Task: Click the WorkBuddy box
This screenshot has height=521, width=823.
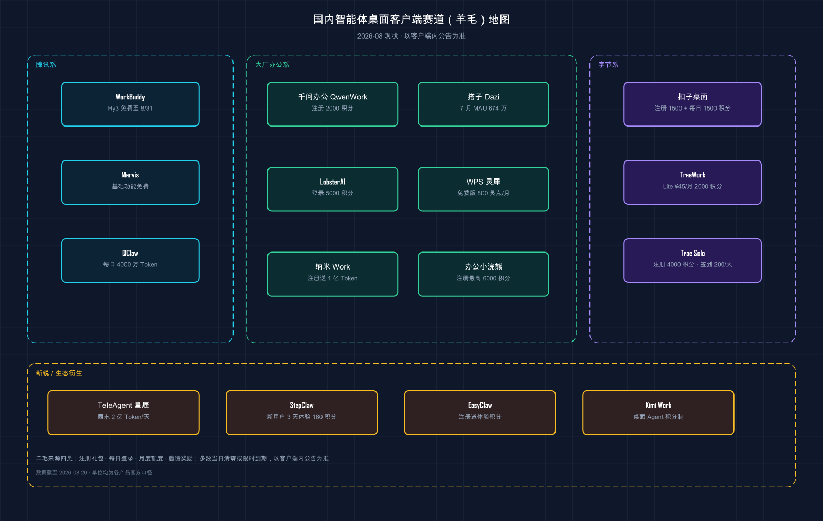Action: [x=131, y=104]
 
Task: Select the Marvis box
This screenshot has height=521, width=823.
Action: [x=131, y=182]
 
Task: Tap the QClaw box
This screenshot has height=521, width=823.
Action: [x=131, y=260]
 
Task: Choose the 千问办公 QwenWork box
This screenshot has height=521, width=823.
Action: [x=332, y=104]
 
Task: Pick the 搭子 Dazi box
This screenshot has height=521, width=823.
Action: [x=484, y=104]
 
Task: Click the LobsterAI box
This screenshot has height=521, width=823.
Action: [x=332, y=189]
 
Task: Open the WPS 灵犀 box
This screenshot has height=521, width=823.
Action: [x=484, y=189]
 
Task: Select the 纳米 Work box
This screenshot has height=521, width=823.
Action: [x=332, y=274]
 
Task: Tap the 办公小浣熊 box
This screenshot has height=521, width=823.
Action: [x=484, y=274]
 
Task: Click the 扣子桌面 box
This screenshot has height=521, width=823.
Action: [x=692, y=104]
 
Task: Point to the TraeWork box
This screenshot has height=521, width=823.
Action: [x=692, y=182]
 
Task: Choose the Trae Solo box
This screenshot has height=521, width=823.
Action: [x=692, y=260]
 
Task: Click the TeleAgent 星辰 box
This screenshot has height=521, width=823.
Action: [x=123, y=412]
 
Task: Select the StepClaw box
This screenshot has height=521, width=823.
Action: [x=301, y=412]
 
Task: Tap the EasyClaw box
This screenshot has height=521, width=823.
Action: [x=480, y=412]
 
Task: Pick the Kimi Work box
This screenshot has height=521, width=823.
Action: [x=658, y=412]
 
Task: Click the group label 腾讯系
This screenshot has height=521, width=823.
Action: [x=46, y=65]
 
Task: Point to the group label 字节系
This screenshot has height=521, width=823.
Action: [x=609, y=65]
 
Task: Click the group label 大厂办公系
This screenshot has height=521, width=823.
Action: [x=272, y=65]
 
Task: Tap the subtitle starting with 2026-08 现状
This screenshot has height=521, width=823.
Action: [x=411, y=36]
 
